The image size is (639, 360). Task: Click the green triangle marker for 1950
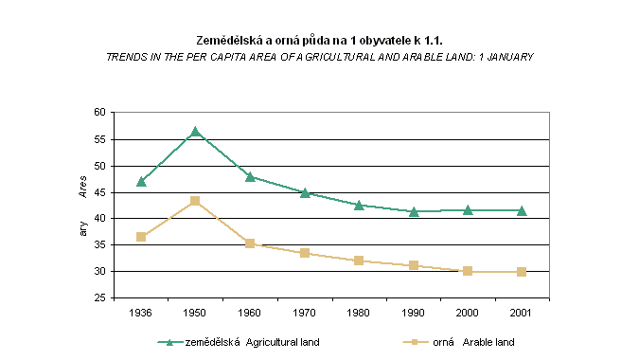(x=195, y=132)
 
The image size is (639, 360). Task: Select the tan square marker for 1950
(x=195, y=201)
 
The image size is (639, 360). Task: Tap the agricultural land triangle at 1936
(x=141, y=182)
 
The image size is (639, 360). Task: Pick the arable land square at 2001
(x=522, y=272)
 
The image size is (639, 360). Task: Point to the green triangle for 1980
(x=359, y=205)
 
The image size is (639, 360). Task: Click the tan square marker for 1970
(x=305, y=253)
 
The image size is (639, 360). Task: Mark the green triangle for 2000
(x=468, y=210)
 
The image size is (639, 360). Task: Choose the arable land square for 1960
(x=250, y=243)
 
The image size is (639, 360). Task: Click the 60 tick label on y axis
(x=99, y=112)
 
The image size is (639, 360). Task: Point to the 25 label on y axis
(x=99, y=298)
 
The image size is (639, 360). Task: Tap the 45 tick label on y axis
(x=99, y=192)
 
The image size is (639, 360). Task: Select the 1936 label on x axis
(x=141, y=313)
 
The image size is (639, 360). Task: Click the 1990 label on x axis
(x=413, y=313)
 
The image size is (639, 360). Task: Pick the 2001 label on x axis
(x=521, y=313)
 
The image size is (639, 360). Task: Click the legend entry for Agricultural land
(x=239, y=342)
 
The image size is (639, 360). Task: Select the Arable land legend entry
(x=458, y=342)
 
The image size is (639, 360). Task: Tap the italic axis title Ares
(x=82, y=188)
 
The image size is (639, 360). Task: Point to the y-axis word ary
(x=83, y=228)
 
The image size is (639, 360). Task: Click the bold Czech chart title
(x=320, y=41)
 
